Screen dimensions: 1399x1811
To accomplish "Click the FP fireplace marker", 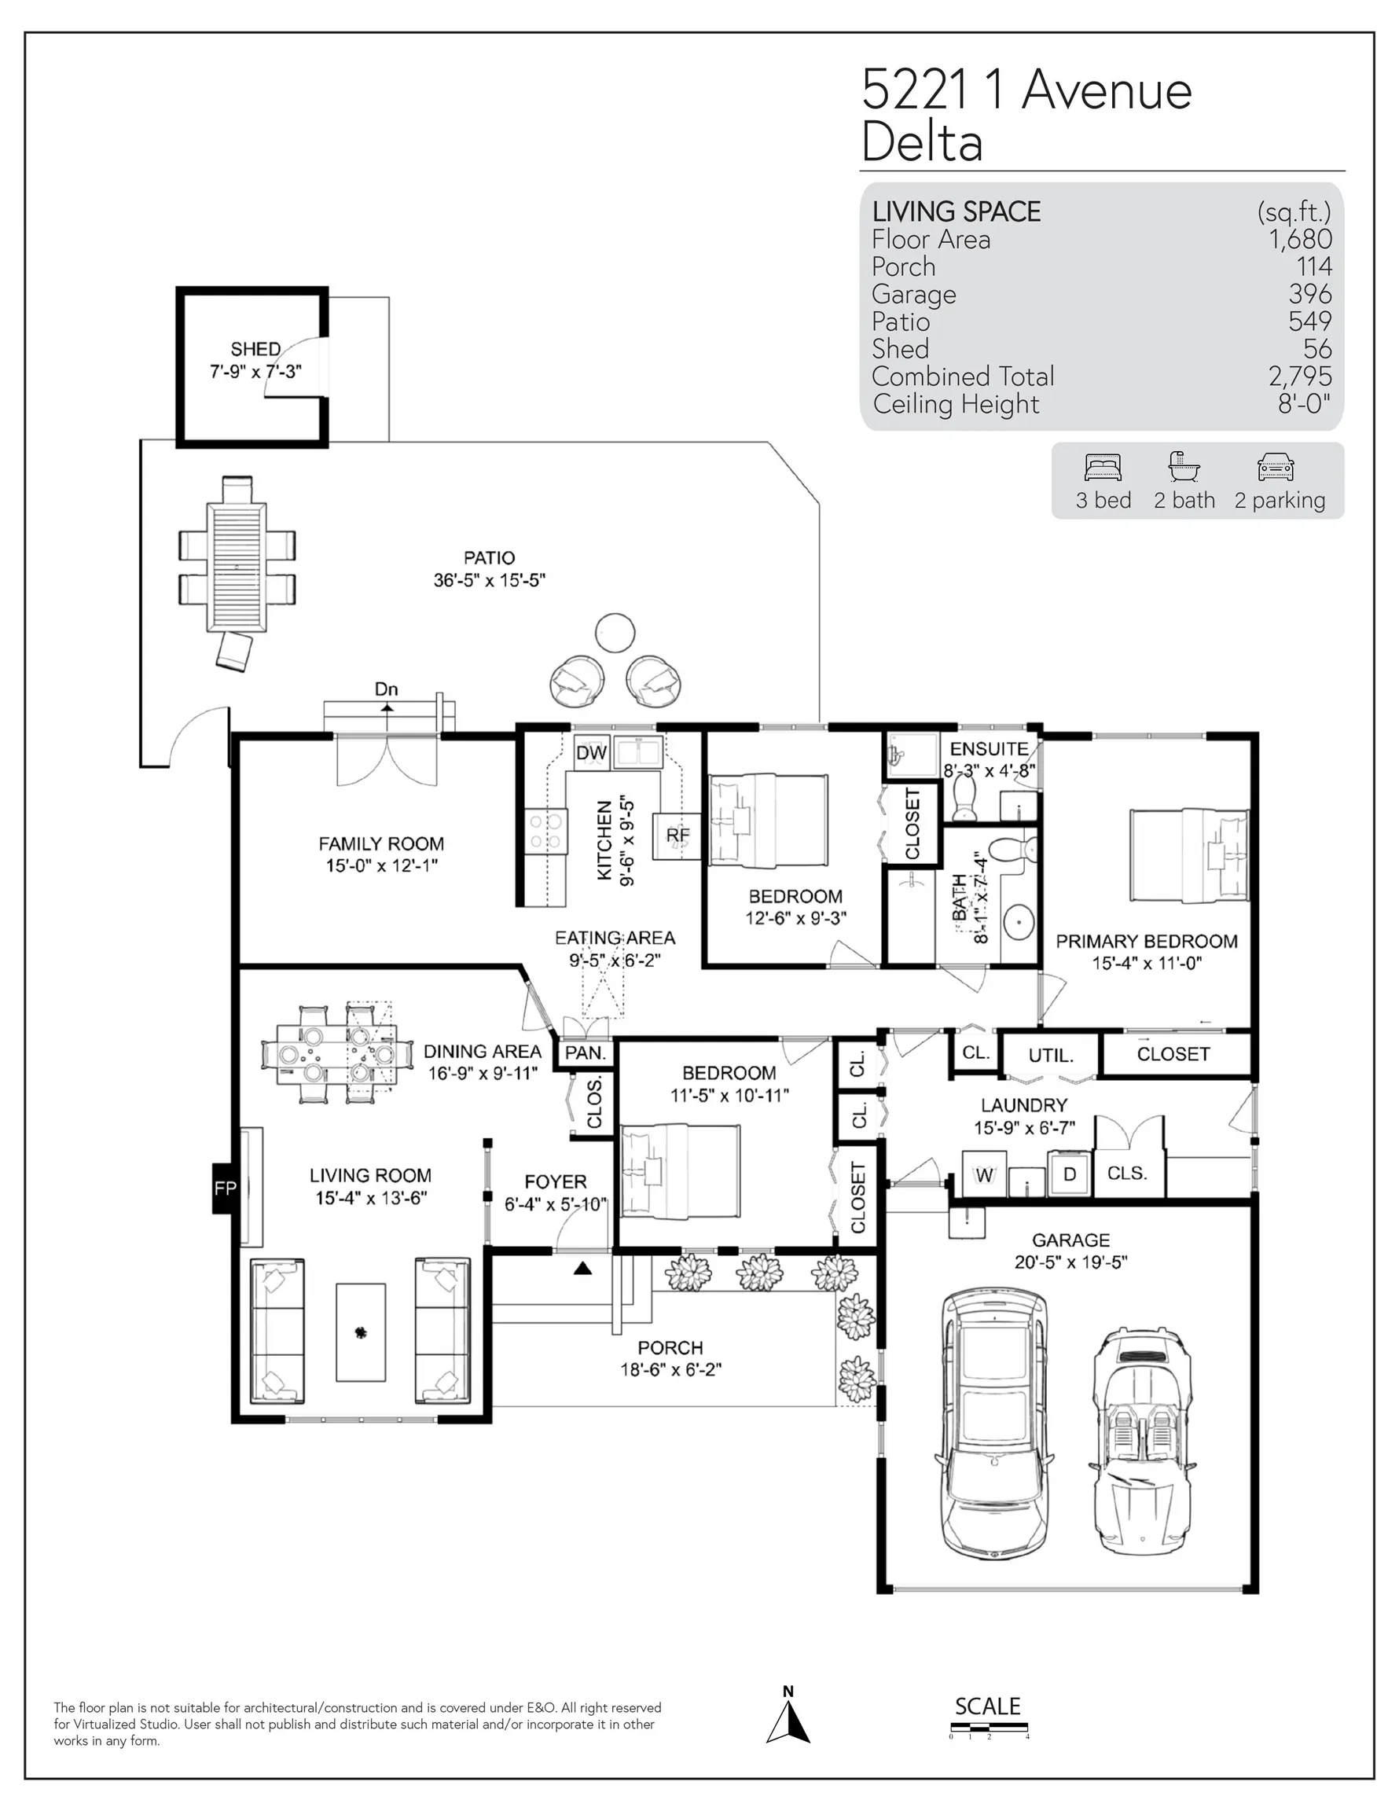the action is pos(225,1188).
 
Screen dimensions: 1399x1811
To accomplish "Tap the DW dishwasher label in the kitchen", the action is pos(591,752).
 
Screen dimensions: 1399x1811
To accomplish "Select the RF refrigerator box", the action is pos(677,836).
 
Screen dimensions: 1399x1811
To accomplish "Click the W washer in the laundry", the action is pos(984,1174).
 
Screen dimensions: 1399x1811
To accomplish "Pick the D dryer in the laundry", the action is pos(1070,1174).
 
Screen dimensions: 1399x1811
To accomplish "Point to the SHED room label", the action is pos(255,349).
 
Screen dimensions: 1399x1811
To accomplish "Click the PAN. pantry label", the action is pos(586,1053).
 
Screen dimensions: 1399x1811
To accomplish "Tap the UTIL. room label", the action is pos(1051,1056).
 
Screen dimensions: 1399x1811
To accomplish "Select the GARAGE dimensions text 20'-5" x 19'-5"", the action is pos(1070,1262).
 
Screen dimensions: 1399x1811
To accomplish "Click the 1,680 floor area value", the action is pos(1300,239).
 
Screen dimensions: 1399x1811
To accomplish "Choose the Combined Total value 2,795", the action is pos(1300,377).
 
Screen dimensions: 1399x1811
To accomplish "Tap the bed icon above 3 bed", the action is pos(1103,468).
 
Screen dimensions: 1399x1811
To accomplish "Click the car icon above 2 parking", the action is pos(1276,468).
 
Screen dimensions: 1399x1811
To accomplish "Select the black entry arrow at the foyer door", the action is pos(583,1268).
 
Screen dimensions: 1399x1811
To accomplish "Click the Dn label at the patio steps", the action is pos(387,689).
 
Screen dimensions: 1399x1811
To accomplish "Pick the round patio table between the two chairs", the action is pos(615,634).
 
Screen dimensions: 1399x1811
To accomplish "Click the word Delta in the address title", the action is pos(922,141).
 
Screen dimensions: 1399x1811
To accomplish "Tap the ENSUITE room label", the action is pos(990,749).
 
